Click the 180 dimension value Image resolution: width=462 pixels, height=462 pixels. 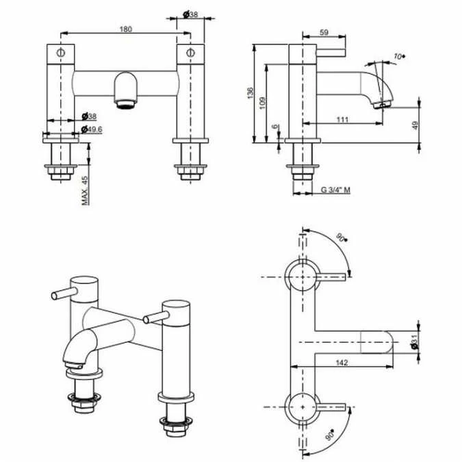[x=126, y=29]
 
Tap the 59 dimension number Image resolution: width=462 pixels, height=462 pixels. [x=324, y=32]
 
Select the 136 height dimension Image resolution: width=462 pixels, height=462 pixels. [x=250, y=93]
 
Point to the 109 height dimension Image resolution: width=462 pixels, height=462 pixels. [x=262, y=103]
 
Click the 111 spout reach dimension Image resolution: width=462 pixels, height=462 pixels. [x=342, y=120]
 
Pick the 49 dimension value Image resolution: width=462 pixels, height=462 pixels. [x=415, y=125]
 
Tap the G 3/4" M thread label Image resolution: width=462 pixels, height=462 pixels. [x=335, y=190]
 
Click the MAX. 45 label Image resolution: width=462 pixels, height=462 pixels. [x=85, y=191]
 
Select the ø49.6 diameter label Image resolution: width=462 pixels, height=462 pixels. [x=92, y=129]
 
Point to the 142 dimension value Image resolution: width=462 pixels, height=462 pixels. [x=342, y=362]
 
